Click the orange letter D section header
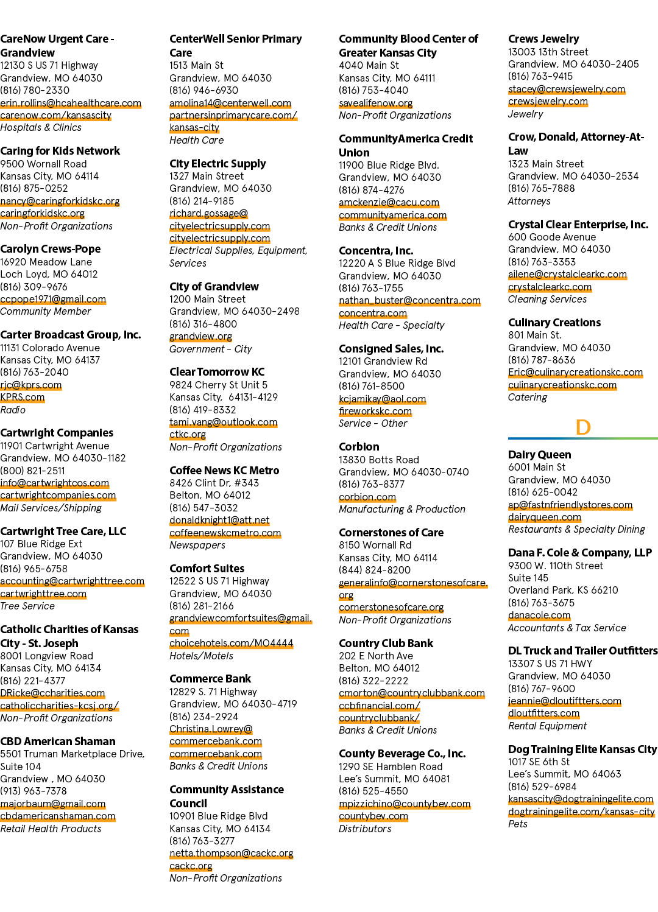coord(582,427)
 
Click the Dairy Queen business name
coord(539,454)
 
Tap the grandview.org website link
coord(200,336)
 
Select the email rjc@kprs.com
coord(31,385)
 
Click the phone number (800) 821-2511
coord(32,471)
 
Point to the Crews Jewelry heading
coord(543,39)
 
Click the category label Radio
coord(13,410)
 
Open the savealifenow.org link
coord(376,103)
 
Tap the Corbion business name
coord(359,447)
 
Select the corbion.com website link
coord(367,497)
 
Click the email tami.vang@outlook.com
coord(223,422)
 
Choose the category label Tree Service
coord(27,606)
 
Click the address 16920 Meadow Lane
coord(46,262)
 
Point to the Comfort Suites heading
coord(207,569)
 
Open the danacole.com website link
coord(539,615)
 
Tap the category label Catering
coord(528,397)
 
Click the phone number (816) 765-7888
coord(542,188)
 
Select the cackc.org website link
coord(191,866)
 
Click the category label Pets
coord(517,824)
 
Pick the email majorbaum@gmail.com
coord(52,804)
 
